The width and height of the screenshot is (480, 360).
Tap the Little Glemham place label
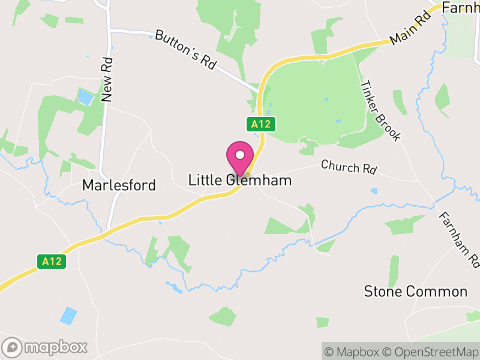tap(240, 180)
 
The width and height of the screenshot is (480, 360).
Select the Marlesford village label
tap(119, 185)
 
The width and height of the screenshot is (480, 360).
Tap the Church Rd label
tap(348, 167)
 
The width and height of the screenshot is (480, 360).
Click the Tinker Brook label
tap(379, 110)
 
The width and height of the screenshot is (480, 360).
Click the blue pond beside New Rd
tap(86, 97)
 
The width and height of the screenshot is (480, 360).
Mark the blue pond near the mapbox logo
tap(69, 315)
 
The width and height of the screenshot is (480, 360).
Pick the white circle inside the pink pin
tap(240, 155)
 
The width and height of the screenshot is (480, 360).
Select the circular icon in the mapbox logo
tap(13, 347)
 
